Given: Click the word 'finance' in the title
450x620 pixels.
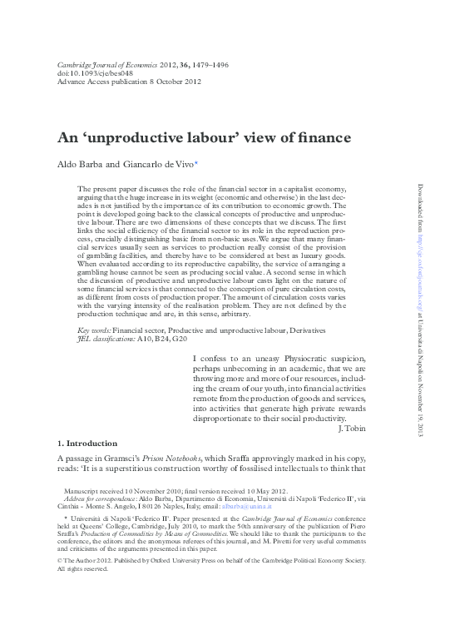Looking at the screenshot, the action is click(322, 137).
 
